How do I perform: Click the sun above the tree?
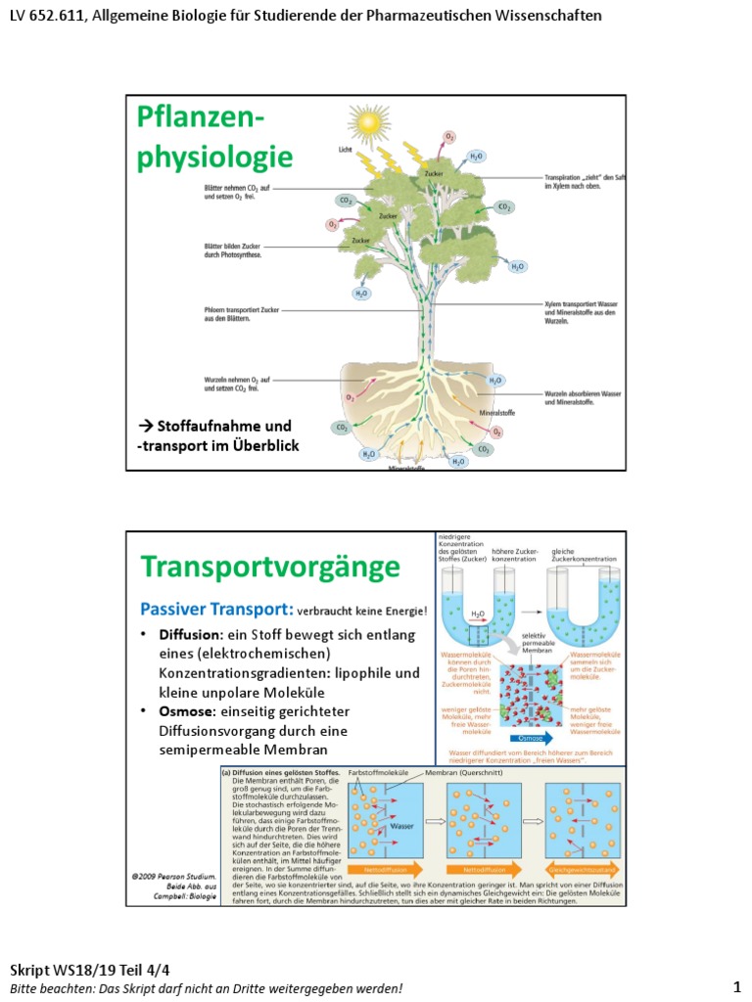369,123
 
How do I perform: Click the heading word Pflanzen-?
202,120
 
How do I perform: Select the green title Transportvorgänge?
270,567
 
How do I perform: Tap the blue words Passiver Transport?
203,609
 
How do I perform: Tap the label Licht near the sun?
344,150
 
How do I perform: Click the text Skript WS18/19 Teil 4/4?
90,970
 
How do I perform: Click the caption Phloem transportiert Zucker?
243,309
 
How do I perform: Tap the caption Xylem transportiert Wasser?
583,304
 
